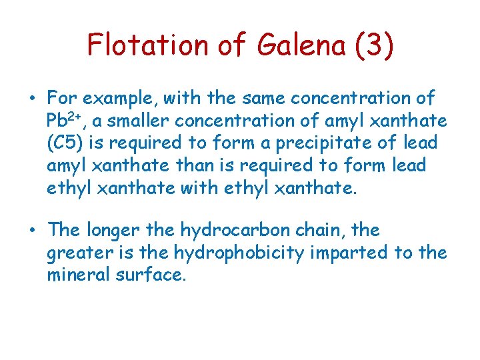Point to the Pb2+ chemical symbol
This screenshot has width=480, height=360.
(x=63, y=121)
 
